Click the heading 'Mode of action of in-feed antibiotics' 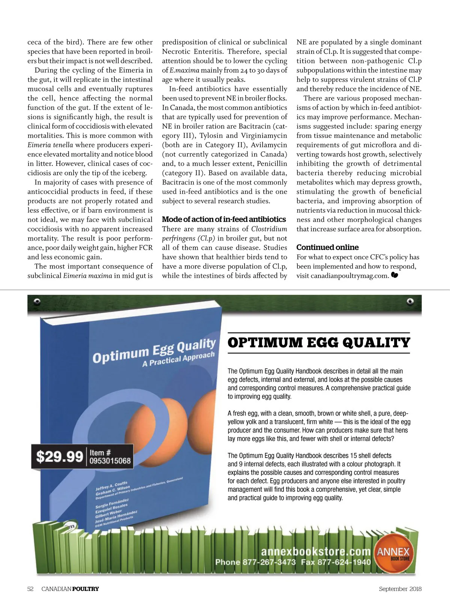point(224,219)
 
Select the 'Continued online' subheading point(327,247)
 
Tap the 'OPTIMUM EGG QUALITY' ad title point(319,343)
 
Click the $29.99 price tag point(59,456)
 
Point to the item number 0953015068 point(110,461)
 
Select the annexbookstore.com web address point(316,551)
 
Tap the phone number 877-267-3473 point(269,562)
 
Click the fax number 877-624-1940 point(344,562)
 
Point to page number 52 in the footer point(30,589)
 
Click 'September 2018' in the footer point(400,589)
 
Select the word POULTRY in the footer point(85,589)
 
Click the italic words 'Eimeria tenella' point(50,145)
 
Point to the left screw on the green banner point(37,301)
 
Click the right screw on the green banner point(410,301)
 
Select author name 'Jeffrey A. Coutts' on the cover point(111,486)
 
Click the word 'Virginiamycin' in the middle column point(264,135)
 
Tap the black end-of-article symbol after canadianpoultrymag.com point(394,275)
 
